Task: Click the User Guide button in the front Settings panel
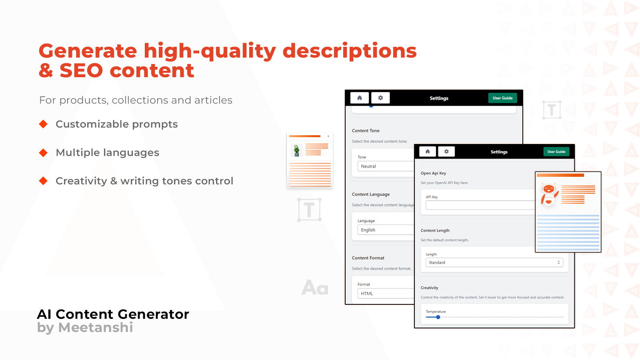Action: pos(556,152)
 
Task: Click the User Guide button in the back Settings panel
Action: pos(502,98)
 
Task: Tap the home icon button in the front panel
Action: pos(428,152)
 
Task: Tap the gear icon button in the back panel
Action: pos(380,98)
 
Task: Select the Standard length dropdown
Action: pos(494,262)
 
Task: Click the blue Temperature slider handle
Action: pos(438,317)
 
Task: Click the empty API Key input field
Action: pos(480,205)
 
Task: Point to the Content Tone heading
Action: pos(366,131)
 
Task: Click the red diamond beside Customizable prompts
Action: pos(43,124)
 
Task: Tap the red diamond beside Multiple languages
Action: pos(43,152)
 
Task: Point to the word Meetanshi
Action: pos(96,328)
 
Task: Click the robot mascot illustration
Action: pos(549,194)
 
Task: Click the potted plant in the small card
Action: pos(296,150)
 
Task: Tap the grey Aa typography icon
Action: pos(315,288)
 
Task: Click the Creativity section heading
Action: pos(429,288)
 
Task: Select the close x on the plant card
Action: pos(328,136)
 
